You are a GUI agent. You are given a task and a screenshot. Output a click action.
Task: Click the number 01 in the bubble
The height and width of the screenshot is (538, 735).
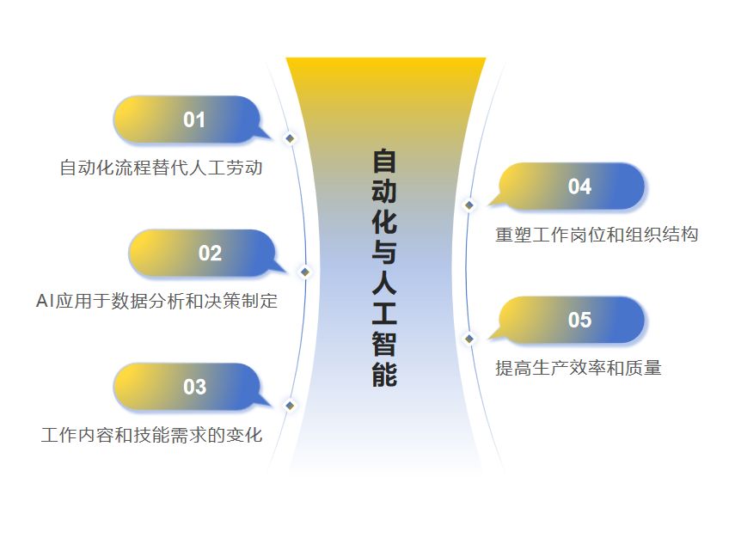pos(194,119)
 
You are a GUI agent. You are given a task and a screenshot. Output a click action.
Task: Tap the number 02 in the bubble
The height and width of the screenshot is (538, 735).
pos(210,254)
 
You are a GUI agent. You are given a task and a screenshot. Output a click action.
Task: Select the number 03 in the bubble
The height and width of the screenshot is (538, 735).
pos(194,387)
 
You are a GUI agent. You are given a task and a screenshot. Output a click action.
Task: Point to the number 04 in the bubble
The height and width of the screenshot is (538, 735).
pos(579,186)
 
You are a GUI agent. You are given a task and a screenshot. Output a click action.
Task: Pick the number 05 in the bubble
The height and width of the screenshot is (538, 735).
pos(579,320)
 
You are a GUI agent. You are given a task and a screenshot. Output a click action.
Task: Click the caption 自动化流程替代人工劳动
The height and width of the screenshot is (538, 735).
pos(161,168)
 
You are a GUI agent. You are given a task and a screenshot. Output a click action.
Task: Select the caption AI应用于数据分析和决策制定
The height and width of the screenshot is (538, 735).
pos(156,302)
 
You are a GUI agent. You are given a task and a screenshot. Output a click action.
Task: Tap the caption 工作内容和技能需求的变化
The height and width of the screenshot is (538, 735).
pos(151,435)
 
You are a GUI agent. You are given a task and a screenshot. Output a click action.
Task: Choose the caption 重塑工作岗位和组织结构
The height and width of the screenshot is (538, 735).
pos(597,235)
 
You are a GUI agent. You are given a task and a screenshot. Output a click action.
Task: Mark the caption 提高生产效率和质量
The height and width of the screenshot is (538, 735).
pos(579,368)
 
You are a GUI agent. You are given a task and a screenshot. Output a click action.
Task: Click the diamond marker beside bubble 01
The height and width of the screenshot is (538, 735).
pos(290,138)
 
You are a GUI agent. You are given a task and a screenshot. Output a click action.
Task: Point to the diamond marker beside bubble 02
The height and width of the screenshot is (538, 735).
pos(304,272)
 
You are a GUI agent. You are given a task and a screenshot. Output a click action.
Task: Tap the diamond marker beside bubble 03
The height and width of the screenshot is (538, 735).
pos(290,406)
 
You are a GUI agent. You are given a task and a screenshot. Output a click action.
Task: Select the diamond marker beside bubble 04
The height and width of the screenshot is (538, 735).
pos(469,205)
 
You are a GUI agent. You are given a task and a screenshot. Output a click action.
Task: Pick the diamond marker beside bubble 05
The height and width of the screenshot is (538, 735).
pos(469,339)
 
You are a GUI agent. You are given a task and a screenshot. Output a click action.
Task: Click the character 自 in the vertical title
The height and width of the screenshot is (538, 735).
pos(385,162)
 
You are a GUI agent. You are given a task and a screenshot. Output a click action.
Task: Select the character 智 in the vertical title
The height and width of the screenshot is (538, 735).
pos(385,344)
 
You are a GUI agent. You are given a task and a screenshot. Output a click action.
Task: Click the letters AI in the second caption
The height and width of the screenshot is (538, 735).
pos(45,302)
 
